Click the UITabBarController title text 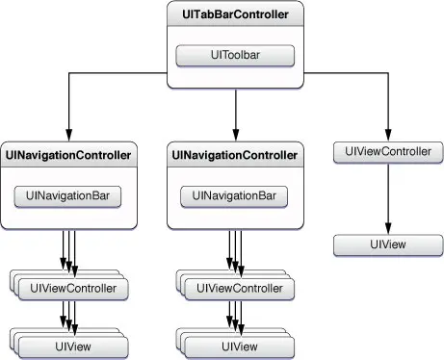coord(235,17)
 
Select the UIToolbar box coord(235,55)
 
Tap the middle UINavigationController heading coord(235,154)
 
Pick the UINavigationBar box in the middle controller coord(235,195)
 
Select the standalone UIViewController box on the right coord(387,151)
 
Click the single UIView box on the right coord(387,244)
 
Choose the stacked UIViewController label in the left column coord(74,288)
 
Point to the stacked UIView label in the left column coord(74,346)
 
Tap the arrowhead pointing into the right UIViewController coord(387,135)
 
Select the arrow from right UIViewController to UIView coord(387,197)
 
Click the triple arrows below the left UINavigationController coord(68,252)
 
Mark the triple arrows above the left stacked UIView coord(68,314)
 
